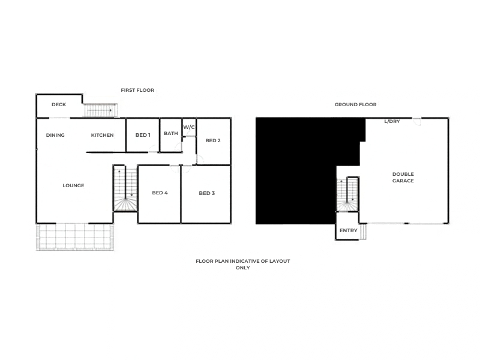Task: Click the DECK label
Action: pyautogui.click(x=59, y=104)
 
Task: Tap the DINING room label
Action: pyautogui.click(x=55, y=135)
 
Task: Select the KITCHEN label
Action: pyautogui.click(x=102, y=135)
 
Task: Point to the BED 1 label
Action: pyautogui.click(x=143, y=135)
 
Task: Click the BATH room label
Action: pyautogui.click(x=171, y=133)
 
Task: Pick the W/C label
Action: pyautogui.click(x=189, y=127)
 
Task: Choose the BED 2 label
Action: pyautogui.click(x=213, y=140)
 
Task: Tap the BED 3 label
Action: pyautogui.click(x=206, y=193)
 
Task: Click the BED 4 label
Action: pyautogui.click(x=160, y=193)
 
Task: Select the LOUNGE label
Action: pyautogui.click(x=73, y=185)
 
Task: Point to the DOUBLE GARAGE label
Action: pyautogui.click(x=403, y=177)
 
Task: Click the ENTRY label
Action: pyautogui.click(x=349, y=230)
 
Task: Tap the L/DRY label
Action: pyautogui.click(x=392, y=121)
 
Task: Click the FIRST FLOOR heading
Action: pyautogui.click(x=137, y=90)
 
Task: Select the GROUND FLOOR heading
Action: pyautogui.click(x=355, y=104)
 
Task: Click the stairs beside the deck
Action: pyautogui.click(x=100, y=110)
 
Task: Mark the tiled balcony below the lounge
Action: pyautogui.click(x=75, y=237)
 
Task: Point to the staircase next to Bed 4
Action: pyautogui.click(x=125, y=188)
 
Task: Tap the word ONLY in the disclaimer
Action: pyautogui.click(x=243, y=268)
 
